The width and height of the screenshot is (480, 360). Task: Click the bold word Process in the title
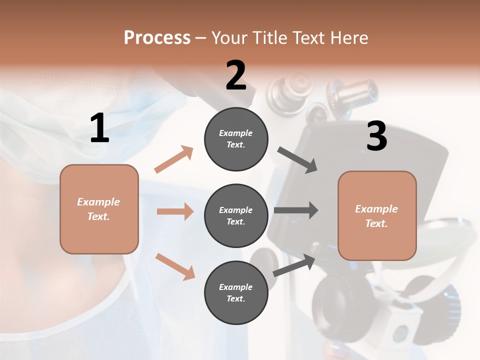pyautogui.click(x=157, y=38)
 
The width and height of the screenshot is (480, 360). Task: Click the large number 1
pyautogui.click(x=99, y=128)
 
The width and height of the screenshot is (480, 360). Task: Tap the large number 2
pyautogui.click(x=236, y=75)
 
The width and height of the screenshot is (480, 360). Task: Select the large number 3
pyautogui.click(x=376, y=136)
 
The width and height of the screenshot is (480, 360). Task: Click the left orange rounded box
pyautogui.click(x=99, y=209)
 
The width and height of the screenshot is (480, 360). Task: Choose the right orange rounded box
pyautogui.click(x=377, y=215)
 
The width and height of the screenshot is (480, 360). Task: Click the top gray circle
pyautogui.click(x=236, y=139)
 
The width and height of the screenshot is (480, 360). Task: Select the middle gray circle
pyautogui.click(x=236, y=215)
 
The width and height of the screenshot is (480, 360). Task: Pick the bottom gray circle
pyautogui.click(x=236, y=292)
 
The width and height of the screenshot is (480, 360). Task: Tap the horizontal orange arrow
pyautogui.click(x=175, y=211)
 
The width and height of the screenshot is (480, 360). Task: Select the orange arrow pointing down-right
pyautogui.click(x=175, y=266)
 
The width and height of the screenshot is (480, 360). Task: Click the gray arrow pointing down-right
pyautogui.click(x=297, y=160)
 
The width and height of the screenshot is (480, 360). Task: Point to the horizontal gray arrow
pyautogui.click(x=296, y=210)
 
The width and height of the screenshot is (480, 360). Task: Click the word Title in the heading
pyautogui.click(x=269, y=38)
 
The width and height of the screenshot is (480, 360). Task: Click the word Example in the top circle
pyautogui.click(x=236, y=133)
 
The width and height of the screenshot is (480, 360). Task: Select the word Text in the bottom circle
pyautogui.click(x=235, y=298)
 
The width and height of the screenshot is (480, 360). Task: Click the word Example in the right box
pyautogui.click(x=376, y=209)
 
